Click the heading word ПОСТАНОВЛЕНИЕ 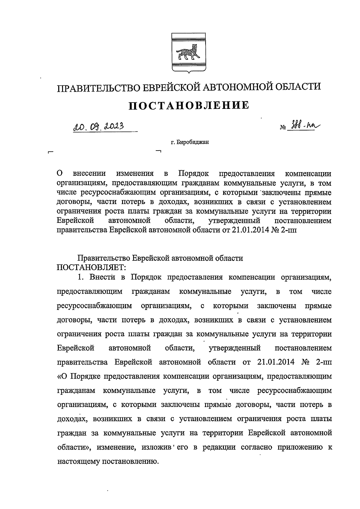[189, 106]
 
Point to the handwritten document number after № [303, 127]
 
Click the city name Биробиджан [192, 142]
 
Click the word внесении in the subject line [90, 173]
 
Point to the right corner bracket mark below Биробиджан [159, 152]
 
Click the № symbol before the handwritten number [283, 128]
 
